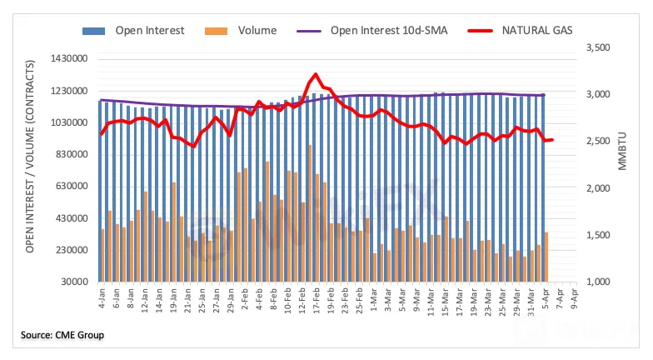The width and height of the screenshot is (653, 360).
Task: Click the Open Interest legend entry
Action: click(137, 31)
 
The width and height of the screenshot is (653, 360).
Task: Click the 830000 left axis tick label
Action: click(71, 155)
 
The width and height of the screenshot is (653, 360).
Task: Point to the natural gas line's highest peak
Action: click(315, 74)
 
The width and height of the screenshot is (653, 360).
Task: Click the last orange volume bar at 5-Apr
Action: click(546, 257)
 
